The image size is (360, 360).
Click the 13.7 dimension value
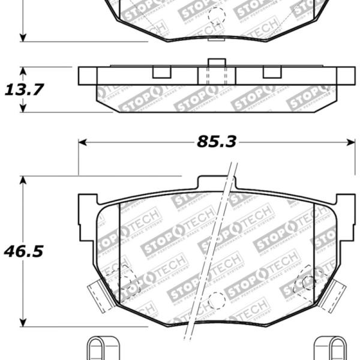point(25,90)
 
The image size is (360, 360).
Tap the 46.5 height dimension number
point(25,251)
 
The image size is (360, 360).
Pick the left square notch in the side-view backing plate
point(161,72)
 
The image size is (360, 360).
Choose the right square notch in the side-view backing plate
point(272,72)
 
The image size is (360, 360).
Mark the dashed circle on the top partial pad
point(217,15)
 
